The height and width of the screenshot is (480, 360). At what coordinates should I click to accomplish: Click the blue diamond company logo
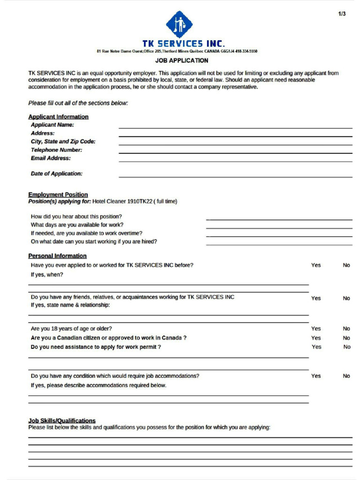click(x=179, y=24)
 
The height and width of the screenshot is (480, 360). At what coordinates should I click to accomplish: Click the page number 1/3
click(x=342, y=14)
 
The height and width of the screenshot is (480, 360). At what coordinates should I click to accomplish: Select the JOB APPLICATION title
click(x=182, y=60)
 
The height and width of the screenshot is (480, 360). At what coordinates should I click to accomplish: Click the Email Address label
click(x=51, y=158)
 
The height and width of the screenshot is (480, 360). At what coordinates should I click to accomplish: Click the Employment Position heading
click(x=58, y=195)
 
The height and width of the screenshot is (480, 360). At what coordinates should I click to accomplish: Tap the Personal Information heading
click(x=57, y=256)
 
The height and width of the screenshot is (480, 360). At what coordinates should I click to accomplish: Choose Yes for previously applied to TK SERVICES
click(x=316, y=265)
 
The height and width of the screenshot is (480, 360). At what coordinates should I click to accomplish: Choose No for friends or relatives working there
click(x=346, y=298)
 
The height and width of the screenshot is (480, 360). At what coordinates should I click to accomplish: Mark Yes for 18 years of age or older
click(x=316, y=329)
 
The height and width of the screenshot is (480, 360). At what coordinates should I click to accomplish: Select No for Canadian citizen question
click(x=346, y=338)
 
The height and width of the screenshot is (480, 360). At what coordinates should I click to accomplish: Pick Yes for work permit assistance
click(x=316, y=347)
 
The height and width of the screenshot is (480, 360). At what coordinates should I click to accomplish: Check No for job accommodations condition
click(x=346, y=376)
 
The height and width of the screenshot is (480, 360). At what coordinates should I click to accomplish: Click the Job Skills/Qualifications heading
click(x=62, y=420)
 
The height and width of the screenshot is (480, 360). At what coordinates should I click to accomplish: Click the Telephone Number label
click(x=56, y=150)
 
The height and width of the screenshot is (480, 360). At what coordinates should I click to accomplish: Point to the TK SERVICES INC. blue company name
click(x=183, y=44)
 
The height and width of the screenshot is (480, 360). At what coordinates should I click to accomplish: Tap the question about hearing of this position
click(x=76, y=217)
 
